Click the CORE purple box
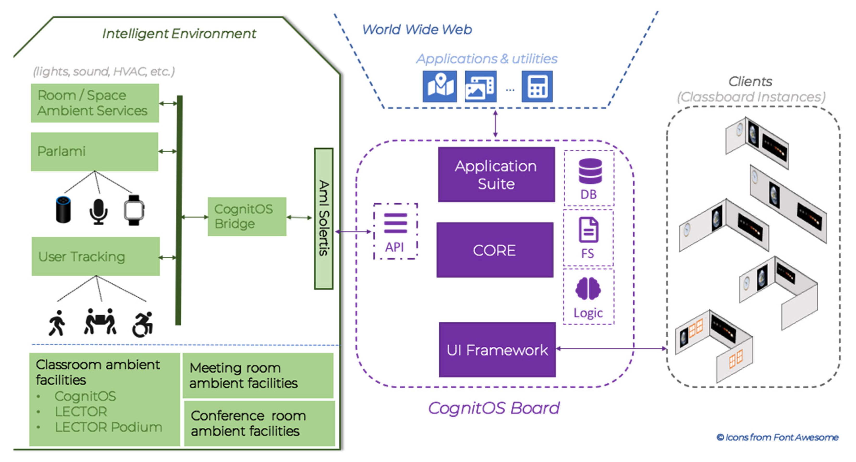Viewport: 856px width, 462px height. pyautogui.click(x=495, y=250)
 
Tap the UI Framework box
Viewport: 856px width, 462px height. pyautogui.click(x=497, y=349)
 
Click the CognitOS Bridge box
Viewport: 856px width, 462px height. pyautogui.click(x=247, y=217)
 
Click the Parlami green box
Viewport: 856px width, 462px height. pyautogui.click(x=94, y=152)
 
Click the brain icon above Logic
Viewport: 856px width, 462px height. pyautogui.click(x=588, y=289)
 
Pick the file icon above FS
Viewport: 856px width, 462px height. pyautogui.click(x=588, y=230)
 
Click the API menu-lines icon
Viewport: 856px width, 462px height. pyautogui.click(x=395, y=223)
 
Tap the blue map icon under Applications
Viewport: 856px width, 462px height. pyautogui.click(x=440, y=86)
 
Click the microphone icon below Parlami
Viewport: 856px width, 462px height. pyautogui.click(x=98, y=211)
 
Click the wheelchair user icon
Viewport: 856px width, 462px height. pyautogui.click(x=143, y=324)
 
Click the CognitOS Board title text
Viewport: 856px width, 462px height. pyautogui.click(x=494, y=408)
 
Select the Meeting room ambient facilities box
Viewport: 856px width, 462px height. pyautogui.click(x=258, y=375)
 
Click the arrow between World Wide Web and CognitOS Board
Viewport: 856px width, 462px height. pyautogui.click(x=495, y=124)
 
